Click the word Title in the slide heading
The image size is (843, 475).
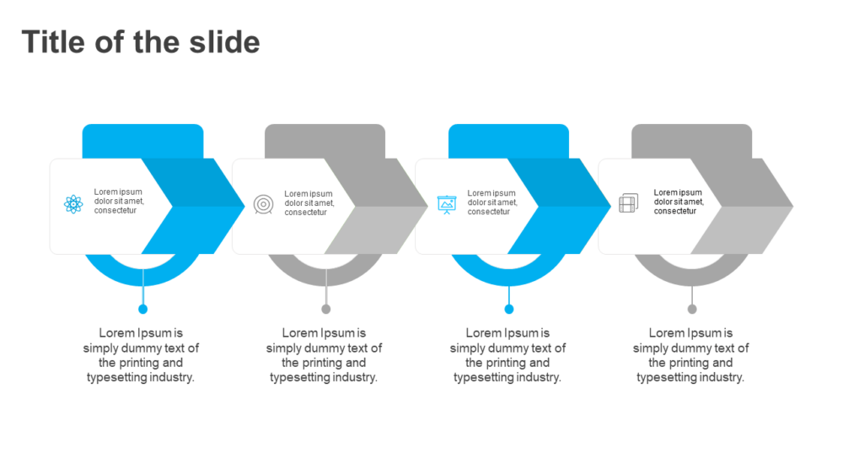pos(53,42)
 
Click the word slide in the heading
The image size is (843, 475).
pos(225,42)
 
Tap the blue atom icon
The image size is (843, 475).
pos(73,204)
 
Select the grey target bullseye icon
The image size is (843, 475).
pos(263,204)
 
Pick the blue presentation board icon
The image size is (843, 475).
pos(447,204)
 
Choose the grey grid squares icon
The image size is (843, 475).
pos(629,203)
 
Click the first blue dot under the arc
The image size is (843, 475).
pos(143,309)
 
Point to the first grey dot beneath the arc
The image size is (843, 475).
pos(325,309)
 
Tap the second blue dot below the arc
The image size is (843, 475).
pos(509,309)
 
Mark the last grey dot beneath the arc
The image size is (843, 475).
pos(692,309)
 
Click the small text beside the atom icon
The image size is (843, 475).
pos(119,201)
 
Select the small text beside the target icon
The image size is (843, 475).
pos(309,202)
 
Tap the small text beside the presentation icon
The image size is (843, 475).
pos(492,202)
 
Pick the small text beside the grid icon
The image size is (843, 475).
pos(679,202)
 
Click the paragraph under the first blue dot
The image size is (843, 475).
pos(141,355)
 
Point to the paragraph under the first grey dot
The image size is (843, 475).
pos(324,355)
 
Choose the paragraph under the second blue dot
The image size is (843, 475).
pos(507,355)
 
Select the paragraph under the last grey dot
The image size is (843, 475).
pos(691,355)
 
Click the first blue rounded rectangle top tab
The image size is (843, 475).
pos(143,141)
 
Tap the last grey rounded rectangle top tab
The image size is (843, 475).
pos(692,141)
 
